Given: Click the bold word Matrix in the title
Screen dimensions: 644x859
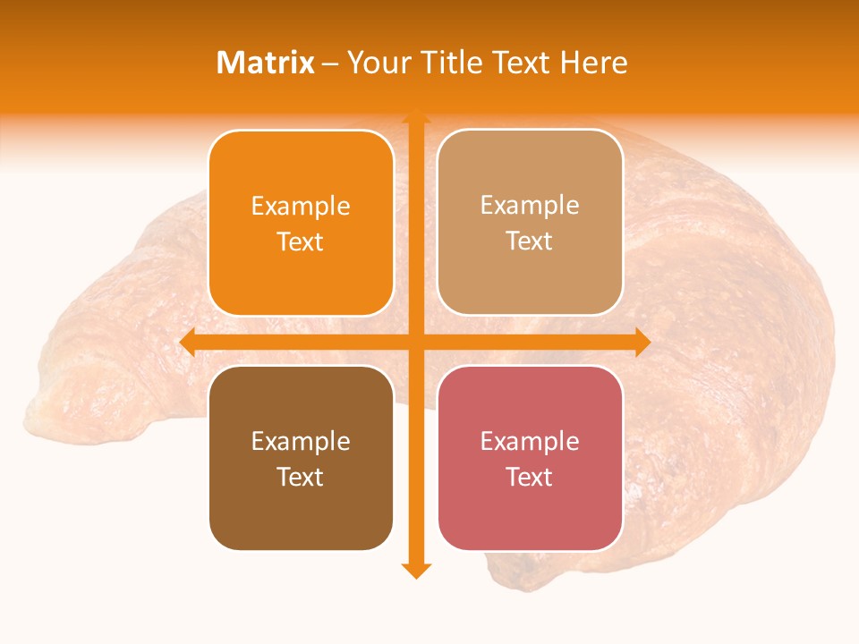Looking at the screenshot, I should pyautogui.click(x=266, y=63).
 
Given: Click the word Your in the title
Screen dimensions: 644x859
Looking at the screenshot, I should pyautogui.click(x=378, y=63).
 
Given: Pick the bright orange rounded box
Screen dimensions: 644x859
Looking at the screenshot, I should pyautogui.click(x=301, y=223).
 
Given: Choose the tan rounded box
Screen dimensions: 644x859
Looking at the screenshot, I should pyautogui.click(x=530, y=223).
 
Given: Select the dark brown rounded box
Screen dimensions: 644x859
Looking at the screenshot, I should pyautogui.click(x=301, y=458).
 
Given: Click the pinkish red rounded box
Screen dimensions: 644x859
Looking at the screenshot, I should pyautogui.click(x=530, y=458).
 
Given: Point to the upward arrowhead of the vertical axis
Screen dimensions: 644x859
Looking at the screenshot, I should pyautogui.click(x=415, y=116).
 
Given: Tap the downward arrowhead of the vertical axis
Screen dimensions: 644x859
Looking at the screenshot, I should pyautogui.click(x=415, y=570).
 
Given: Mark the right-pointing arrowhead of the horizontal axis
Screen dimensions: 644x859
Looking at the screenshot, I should pyautogui.click(x=642, y=342).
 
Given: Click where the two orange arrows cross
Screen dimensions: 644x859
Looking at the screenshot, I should pyautogui.click(x=415, y=342).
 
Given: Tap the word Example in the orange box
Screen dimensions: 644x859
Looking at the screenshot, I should pyautogui.click(x=301, y=206).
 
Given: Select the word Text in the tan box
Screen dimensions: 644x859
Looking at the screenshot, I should pyautogui.click(x=530, y=241).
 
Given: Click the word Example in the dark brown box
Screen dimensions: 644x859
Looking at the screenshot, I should pyautogui.click(x=301, y=441).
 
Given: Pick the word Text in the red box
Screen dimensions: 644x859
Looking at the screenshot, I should pyautogui.click(x=530, y=477).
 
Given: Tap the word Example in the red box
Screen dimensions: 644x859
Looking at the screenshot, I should pyautogui.click(x=530, y=441).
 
